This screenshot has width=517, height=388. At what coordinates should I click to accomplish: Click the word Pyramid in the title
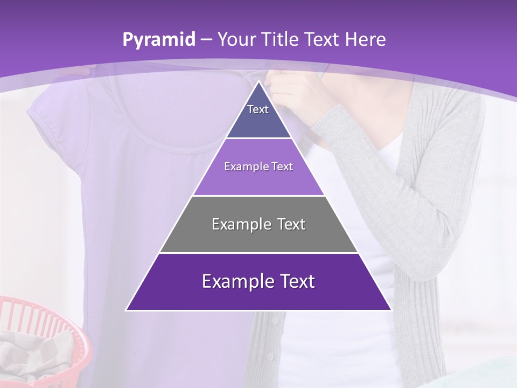(x=158, y=40)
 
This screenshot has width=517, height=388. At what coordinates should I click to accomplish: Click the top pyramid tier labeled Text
(x=258, y=116)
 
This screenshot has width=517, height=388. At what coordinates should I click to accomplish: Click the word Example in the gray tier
(x=237, y=224)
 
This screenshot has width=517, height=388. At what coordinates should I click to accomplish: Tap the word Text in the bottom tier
(x=294, y=282)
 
